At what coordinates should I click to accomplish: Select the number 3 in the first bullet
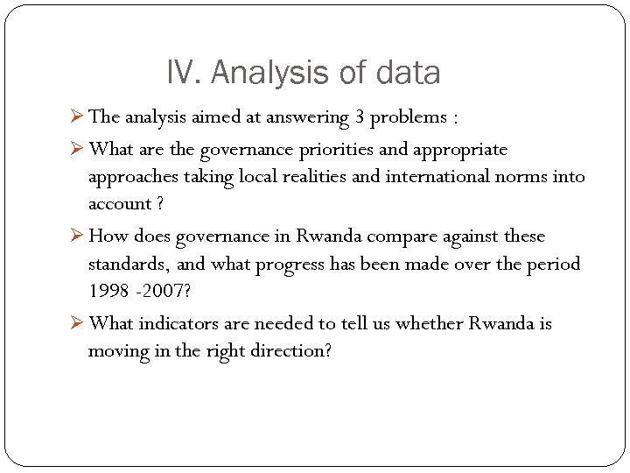pos(360,116)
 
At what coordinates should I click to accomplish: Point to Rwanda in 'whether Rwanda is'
pos(500,323)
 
